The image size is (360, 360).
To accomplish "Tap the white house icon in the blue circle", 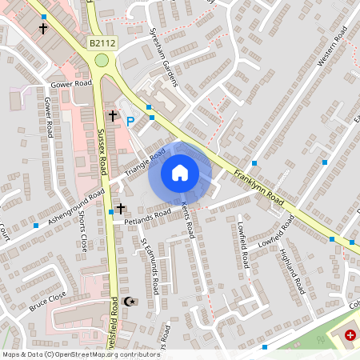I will click(x=180, y=172).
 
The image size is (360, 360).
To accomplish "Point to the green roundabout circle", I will click(x=102, y=60).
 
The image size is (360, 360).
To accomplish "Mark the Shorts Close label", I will click(x=82, y=232).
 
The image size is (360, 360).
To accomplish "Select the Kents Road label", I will click(x=188, y=218).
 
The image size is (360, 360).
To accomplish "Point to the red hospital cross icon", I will click(x=349, y=334).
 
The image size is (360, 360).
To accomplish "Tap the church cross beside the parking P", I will click(x=113, y=117).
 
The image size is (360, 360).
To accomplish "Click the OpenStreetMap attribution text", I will click(x=80, y=354).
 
